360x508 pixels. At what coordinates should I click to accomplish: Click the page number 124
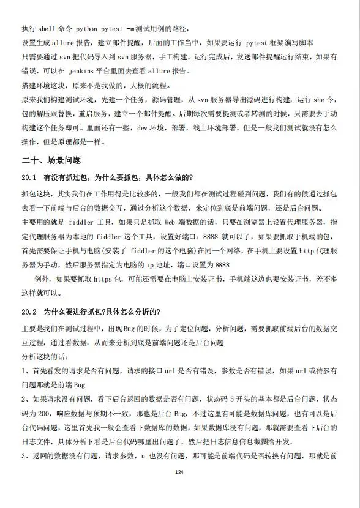point(179,472)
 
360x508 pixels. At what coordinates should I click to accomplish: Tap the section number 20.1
point(30,177)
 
